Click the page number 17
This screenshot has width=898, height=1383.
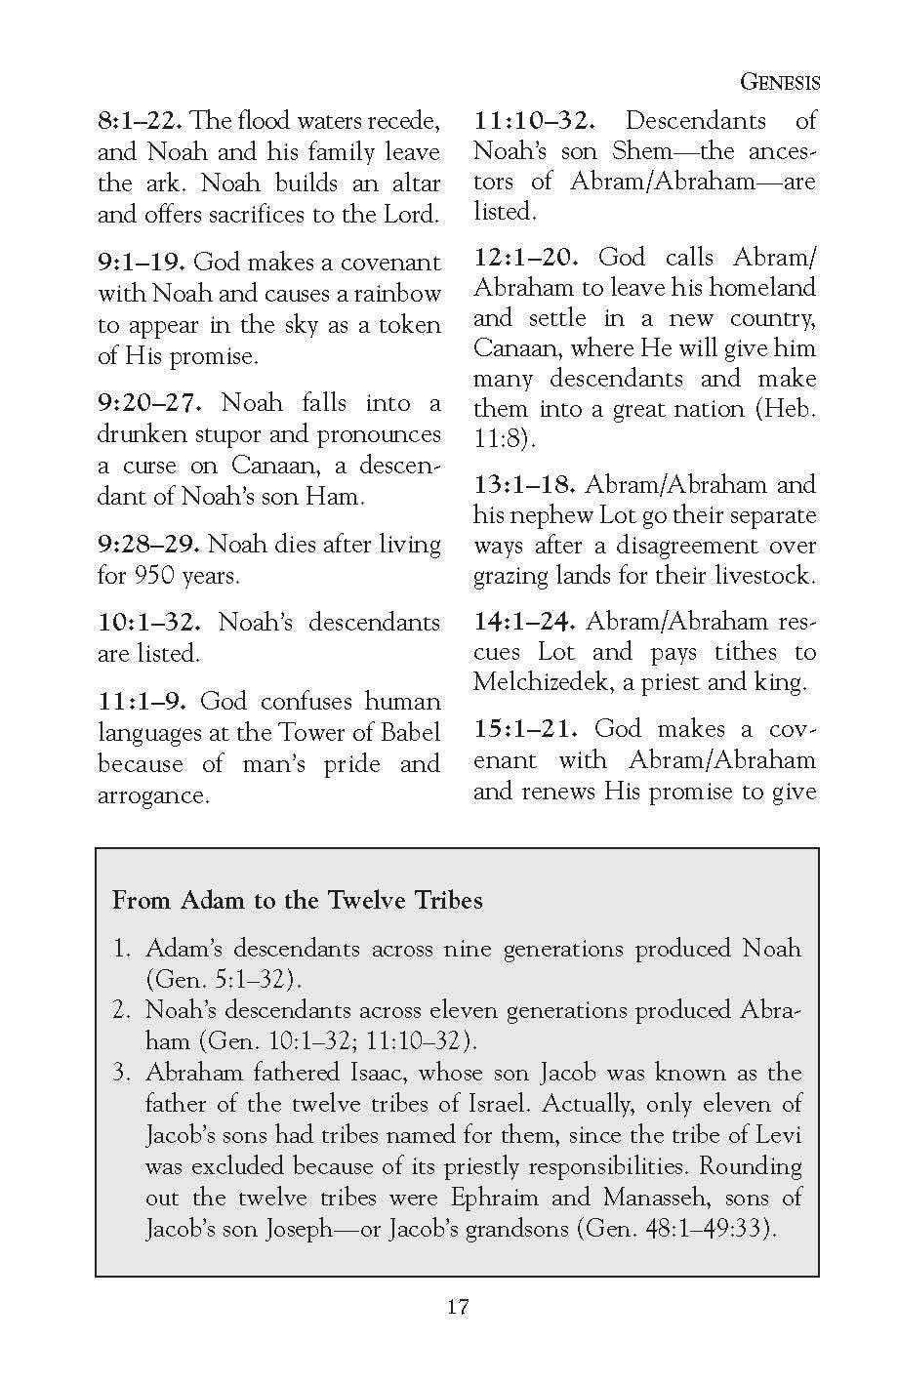[458, 1307]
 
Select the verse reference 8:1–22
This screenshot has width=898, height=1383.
[140, 121]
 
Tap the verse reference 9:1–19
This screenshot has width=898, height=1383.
[142, 263]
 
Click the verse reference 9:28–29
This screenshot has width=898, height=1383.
[148, 545]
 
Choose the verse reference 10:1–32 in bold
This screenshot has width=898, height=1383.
[149, 623]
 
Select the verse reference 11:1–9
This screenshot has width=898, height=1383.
[142, 702]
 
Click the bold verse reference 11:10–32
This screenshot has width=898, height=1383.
[534, 121]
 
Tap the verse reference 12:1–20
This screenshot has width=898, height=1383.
[527, 258]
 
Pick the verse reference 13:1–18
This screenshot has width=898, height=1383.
[524, 485]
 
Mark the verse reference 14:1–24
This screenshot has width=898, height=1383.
[524, 622]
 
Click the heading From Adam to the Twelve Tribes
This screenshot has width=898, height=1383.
[298, 899]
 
